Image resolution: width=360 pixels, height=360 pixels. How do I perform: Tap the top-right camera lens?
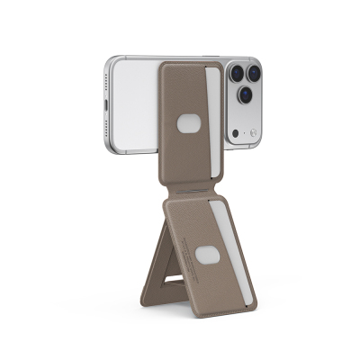[254, 71]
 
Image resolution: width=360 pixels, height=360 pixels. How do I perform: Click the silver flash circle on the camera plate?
[254, 134]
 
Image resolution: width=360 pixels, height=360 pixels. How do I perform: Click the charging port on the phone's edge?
[107, 116]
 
